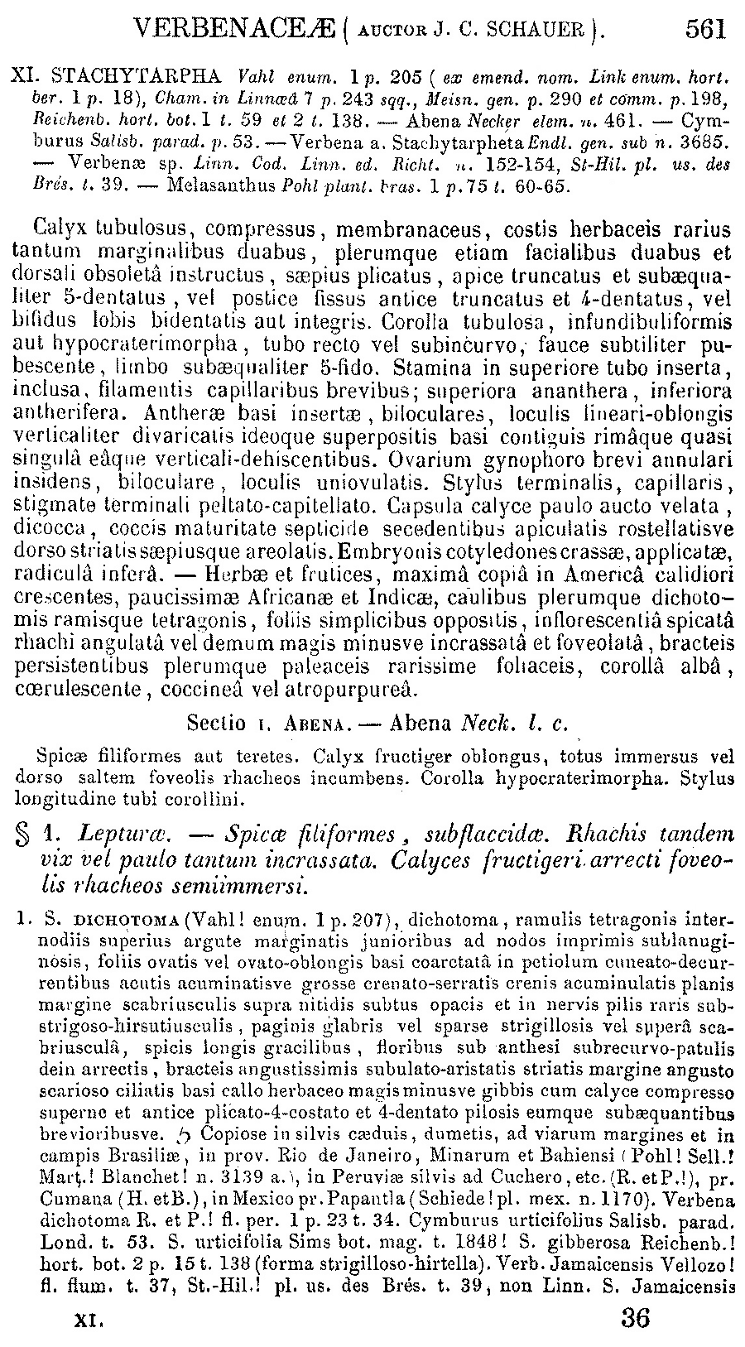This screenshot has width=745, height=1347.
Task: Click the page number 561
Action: (x=704, y=31)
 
